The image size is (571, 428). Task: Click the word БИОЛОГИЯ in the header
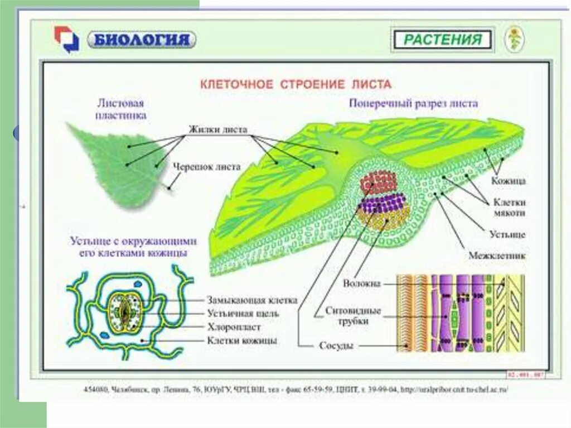tap(142, 40)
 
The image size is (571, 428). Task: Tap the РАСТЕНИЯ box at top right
tap(442, 40)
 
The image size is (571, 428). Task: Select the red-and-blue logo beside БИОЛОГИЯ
tap(66, 39)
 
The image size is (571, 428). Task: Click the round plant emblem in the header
tap(514, 39)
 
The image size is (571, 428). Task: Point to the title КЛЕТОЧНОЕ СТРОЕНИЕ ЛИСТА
tap(296, 84)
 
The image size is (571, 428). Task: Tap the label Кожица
tap(508, 181)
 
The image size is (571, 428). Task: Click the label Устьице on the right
tap(507, 234)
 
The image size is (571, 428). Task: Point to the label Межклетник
tap(497, 256)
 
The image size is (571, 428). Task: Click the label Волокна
tap(362, 283)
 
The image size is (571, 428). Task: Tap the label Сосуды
tap(336, 345)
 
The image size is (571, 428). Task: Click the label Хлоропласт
tap(234, 326)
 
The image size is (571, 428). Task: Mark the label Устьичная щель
tap(243, 313)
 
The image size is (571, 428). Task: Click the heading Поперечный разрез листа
tap(413, 103)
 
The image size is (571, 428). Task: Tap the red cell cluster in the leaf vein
tap(379, 182)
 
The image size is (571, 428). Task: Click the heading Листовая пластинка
tap(121, 109)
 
